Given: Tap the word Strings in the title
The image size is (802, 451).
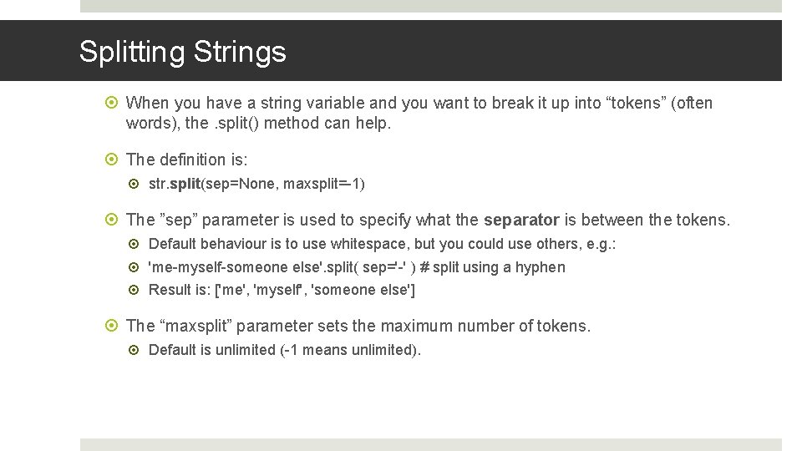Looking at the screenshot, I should tap(240, 52).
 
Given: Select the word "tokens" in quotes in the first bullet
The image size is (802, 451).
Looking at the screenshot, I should tap(637, 104).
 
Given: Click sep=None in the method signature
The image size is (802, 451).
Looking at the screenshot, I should tap(246, 184).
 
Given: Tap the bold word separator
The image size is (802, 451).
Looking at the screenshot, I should tap(521, 220).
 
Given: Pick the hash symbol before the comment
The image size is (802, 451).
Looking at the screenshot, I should tap(424, 267).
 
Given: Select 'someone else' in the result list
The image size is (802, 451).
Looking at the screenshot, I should tap(362, 291).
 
